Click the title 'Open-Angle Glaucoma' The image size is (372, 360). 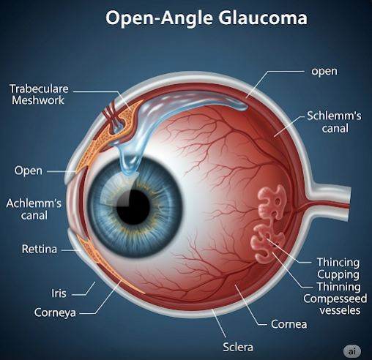click(207, 18)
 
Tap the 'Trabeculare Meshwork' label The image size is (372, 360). click(39, 94)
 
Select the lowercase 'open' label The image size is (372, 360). click(324, 71)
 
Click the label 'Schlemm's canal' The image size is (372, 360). click(334, 122)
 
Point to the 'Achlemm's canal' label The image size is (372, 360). click(34, 209)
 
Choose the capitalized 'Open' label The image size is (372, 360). click(29, 170)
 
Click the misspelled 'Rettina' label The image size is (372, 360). click(40, 249)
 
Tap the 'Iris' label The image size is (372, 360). click(59, 293)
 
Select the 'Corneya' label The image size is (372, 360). click(55, 312)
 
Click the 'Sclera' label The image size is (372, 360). click(238, 347)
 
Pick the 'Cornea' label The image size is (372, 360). click(289, 324)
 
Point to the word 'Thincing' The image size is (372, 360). click(338, 263)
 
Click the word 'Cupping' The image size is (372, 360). click(338, 275)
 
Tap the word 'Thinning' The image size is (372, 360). click(339, 287)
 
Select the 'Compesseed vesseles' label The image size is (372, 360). click(335, 304)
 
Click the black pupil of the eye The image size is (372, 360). click(133, 207)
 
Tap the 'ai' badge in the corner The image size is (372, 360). click(352, 351)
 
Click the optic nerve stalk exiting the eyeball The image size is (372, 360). click(330, 203)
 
